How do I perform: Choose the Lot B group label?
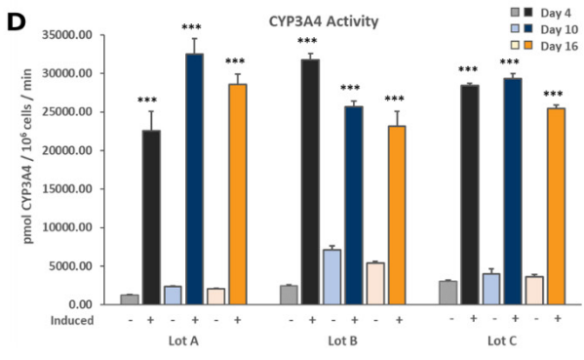click(x=337, y=340)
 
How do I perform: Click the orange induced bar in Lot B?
click(x=395, y=215)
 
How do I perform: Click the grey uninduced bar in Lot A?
click(x=129, y=299)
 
